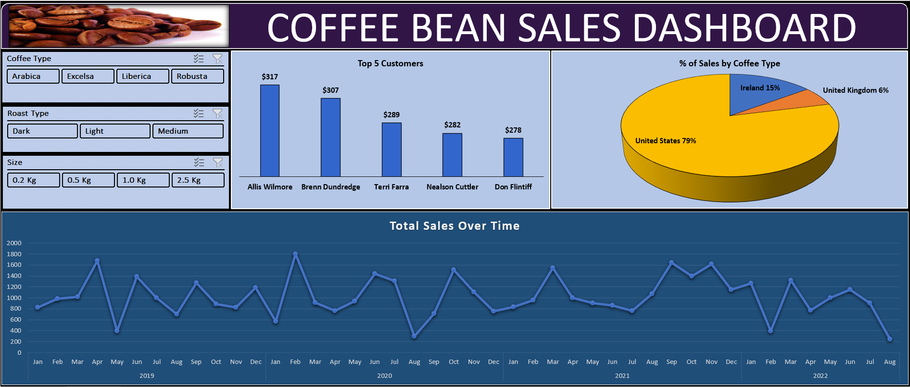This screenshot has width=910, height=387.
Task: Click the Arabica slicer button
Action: pos(33,76)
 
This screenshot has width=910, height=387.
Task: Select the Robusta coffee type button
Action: pos(197,76)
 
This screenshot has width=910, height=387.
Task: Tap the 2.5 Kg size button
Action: pos(198,180)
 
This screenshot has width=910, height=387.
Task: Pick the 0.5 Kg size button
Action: pos(88,180)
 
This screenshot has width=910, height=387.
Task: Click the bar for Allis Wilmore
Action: pos(270,131)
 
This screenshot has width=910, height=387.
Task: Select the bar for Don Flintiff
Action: pos(513,157)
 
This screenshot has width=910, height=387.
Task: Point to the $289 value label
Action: pos(392,115)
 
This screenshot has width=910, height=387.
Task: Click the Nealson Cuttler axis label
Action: pos(452,187)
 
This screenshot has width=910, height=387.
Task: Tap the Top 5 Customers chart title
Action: pos(390,63)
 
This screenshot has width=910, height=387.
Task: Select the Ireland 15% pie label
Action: pos(760,88)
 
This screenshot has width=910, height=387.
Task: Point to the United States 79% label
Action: pos(665,141)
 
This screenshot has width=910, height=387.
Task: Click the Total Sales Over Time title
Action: pos(455,226)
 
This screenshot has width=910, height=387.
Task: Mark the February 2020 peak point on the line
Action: pos(295,254)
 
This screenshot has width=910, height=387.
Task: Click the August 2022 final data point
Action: pos(890,339)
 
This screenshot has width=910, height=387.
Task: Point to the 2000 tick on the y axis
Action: pos(14,243)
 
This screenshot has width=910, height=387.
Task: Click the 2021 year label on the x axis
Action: pos(622,375)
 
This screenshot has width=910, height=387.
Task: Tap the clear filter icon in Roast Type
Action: pos(217,113)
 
